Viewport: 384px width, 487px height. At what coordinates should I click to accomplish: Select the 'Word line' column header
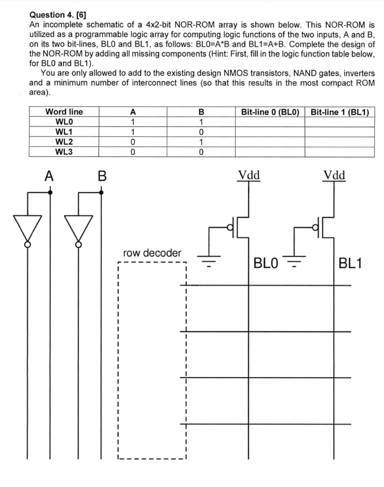pos(64,112)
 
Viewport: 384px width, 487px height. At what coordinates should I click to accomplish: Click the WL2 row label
pos(64,142)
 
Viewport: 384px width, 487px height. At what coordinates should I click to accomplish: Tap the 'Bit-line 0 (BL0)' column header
pos(269,112)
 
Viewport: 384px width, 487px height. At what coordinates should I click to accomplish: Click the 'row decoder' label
pos(152,252)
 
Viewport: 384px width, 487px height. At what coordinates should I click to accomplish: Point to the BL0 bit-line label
pos(269,263)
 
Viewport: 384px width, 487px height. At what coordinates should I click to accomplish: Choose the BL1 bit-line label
pos(351,263)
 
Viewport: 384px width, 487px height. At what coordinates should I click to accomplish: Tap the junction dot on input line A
pos(51,192)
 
